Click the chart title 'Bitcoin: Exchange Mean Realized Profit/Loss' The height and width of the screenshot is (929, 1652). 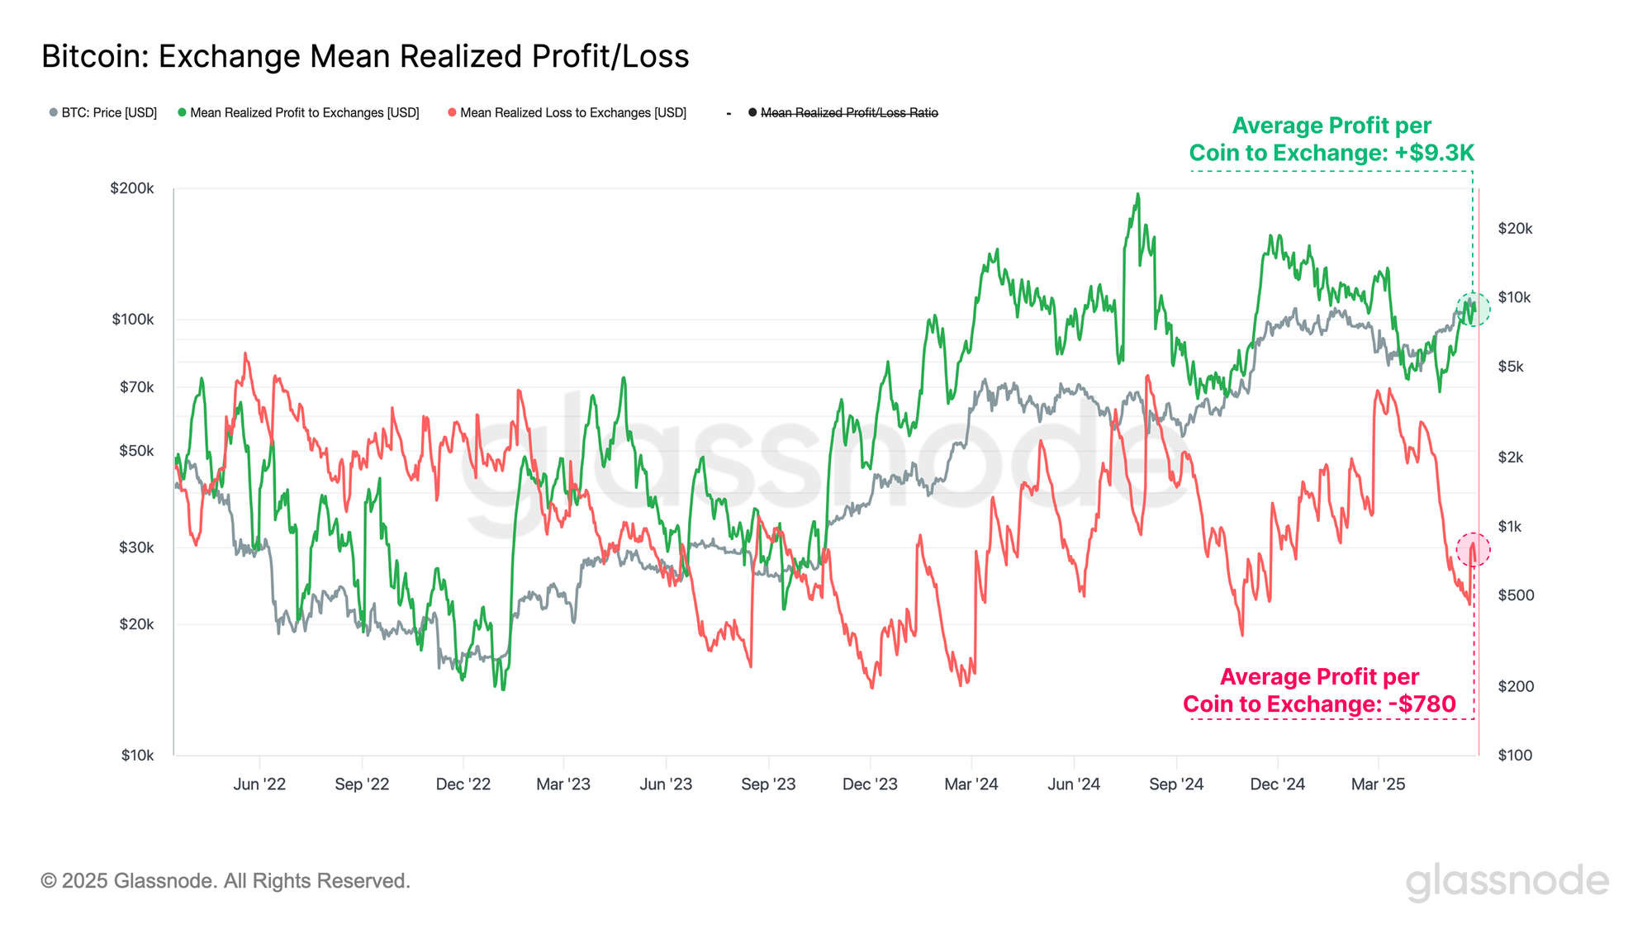(365, 56)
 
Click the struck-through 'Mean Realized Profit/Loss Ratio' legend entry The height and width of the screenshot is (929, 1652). (848, 112)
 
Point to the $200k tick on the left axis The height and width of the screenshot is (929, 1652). (132, 188)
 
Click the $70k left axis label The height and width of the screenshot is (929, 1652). (136, 386)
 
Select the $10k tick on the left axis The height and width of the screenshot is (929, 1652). (137, 755)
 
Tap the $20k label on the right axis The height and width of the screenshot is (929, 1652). (1515, 229)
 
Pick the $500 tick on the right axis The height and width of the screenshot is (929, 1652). (1516, 595)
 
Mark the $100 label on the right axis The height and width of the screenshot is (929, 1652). (1515, 755)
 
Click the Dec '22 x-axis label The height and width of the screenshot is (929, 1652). (463, 784)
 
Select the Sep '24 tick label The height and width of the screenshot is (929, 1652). (1175, 784)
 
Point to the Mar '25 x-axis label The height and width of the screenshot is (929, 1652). (1378, 784)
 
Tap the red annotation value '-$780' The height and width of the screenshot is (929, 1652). (1422, 704)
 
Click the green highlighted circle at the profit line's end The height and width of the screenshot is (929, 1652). (1473, 309)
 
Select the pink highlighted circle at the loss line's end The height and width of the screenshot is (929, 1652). (1473, 549)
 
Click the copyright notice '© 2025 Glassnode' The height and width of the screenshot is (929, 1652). (225, 881)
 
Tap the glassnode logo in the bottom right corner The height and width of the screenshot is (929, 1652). (1507, 881)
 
